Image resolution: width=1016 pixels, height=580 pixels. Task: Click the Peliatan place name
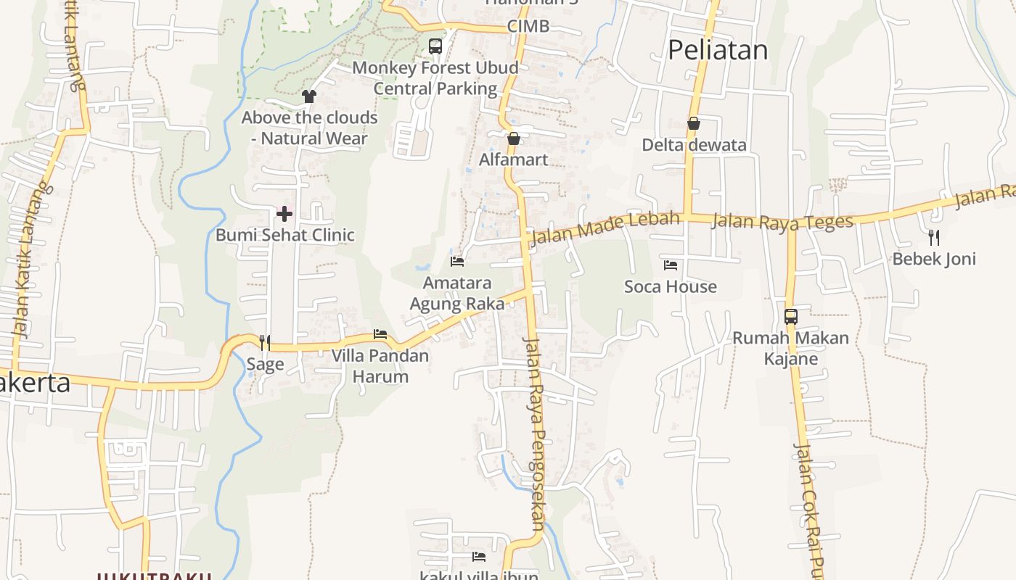tap(717, 50)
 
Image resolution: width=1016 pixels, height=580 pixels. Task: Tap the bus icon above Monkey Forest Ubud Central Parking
tap(435, 46)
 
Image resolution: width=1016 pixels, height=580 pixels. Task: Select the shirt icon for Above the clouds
tap(309, 96)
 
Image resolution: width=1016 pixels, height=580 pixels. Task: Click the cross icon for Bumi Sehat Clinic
tap(284, 214)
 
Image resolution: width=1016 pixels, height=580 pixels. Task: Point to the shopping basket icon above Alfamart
tap(514, 138)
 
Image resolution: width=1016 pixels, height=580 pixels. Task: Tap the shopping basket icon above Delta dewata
tap(694, 123)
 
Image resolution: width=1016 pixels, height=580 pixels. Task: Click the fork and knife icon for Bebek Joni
tap(934, 237)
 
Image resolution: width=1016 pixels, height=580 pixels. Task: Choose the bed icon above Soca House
tap(671, 265)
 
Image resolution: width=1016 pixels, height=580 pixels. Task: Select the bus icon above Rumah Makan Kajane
tap(791, 317)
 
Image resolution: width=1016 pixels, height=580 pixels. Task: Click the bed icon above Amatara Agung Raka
tap(457, 261)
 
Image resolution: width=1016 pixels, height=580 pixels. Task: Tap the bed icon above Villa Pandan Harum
tap(380, 334)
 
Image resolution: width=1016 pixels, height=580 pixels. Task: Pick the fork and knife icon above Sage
tap(265, 342)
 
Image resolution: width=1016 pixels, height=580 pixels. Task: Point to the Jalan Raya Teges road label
tap(782, 221)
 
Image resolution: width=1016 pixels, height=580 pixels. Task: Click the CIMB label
tap(528, 27)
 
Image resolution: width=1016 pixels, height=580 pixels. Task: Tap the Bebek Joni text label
tap(934, 259)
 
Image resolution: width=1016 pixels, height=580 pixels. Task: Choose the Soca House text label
tap(671, 287)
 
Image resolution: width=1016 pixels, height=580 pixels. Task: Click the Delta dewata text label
tap(694, 145)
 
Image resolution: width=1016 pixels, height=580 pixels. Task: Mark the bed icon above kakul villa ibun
tap(479, 557)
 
